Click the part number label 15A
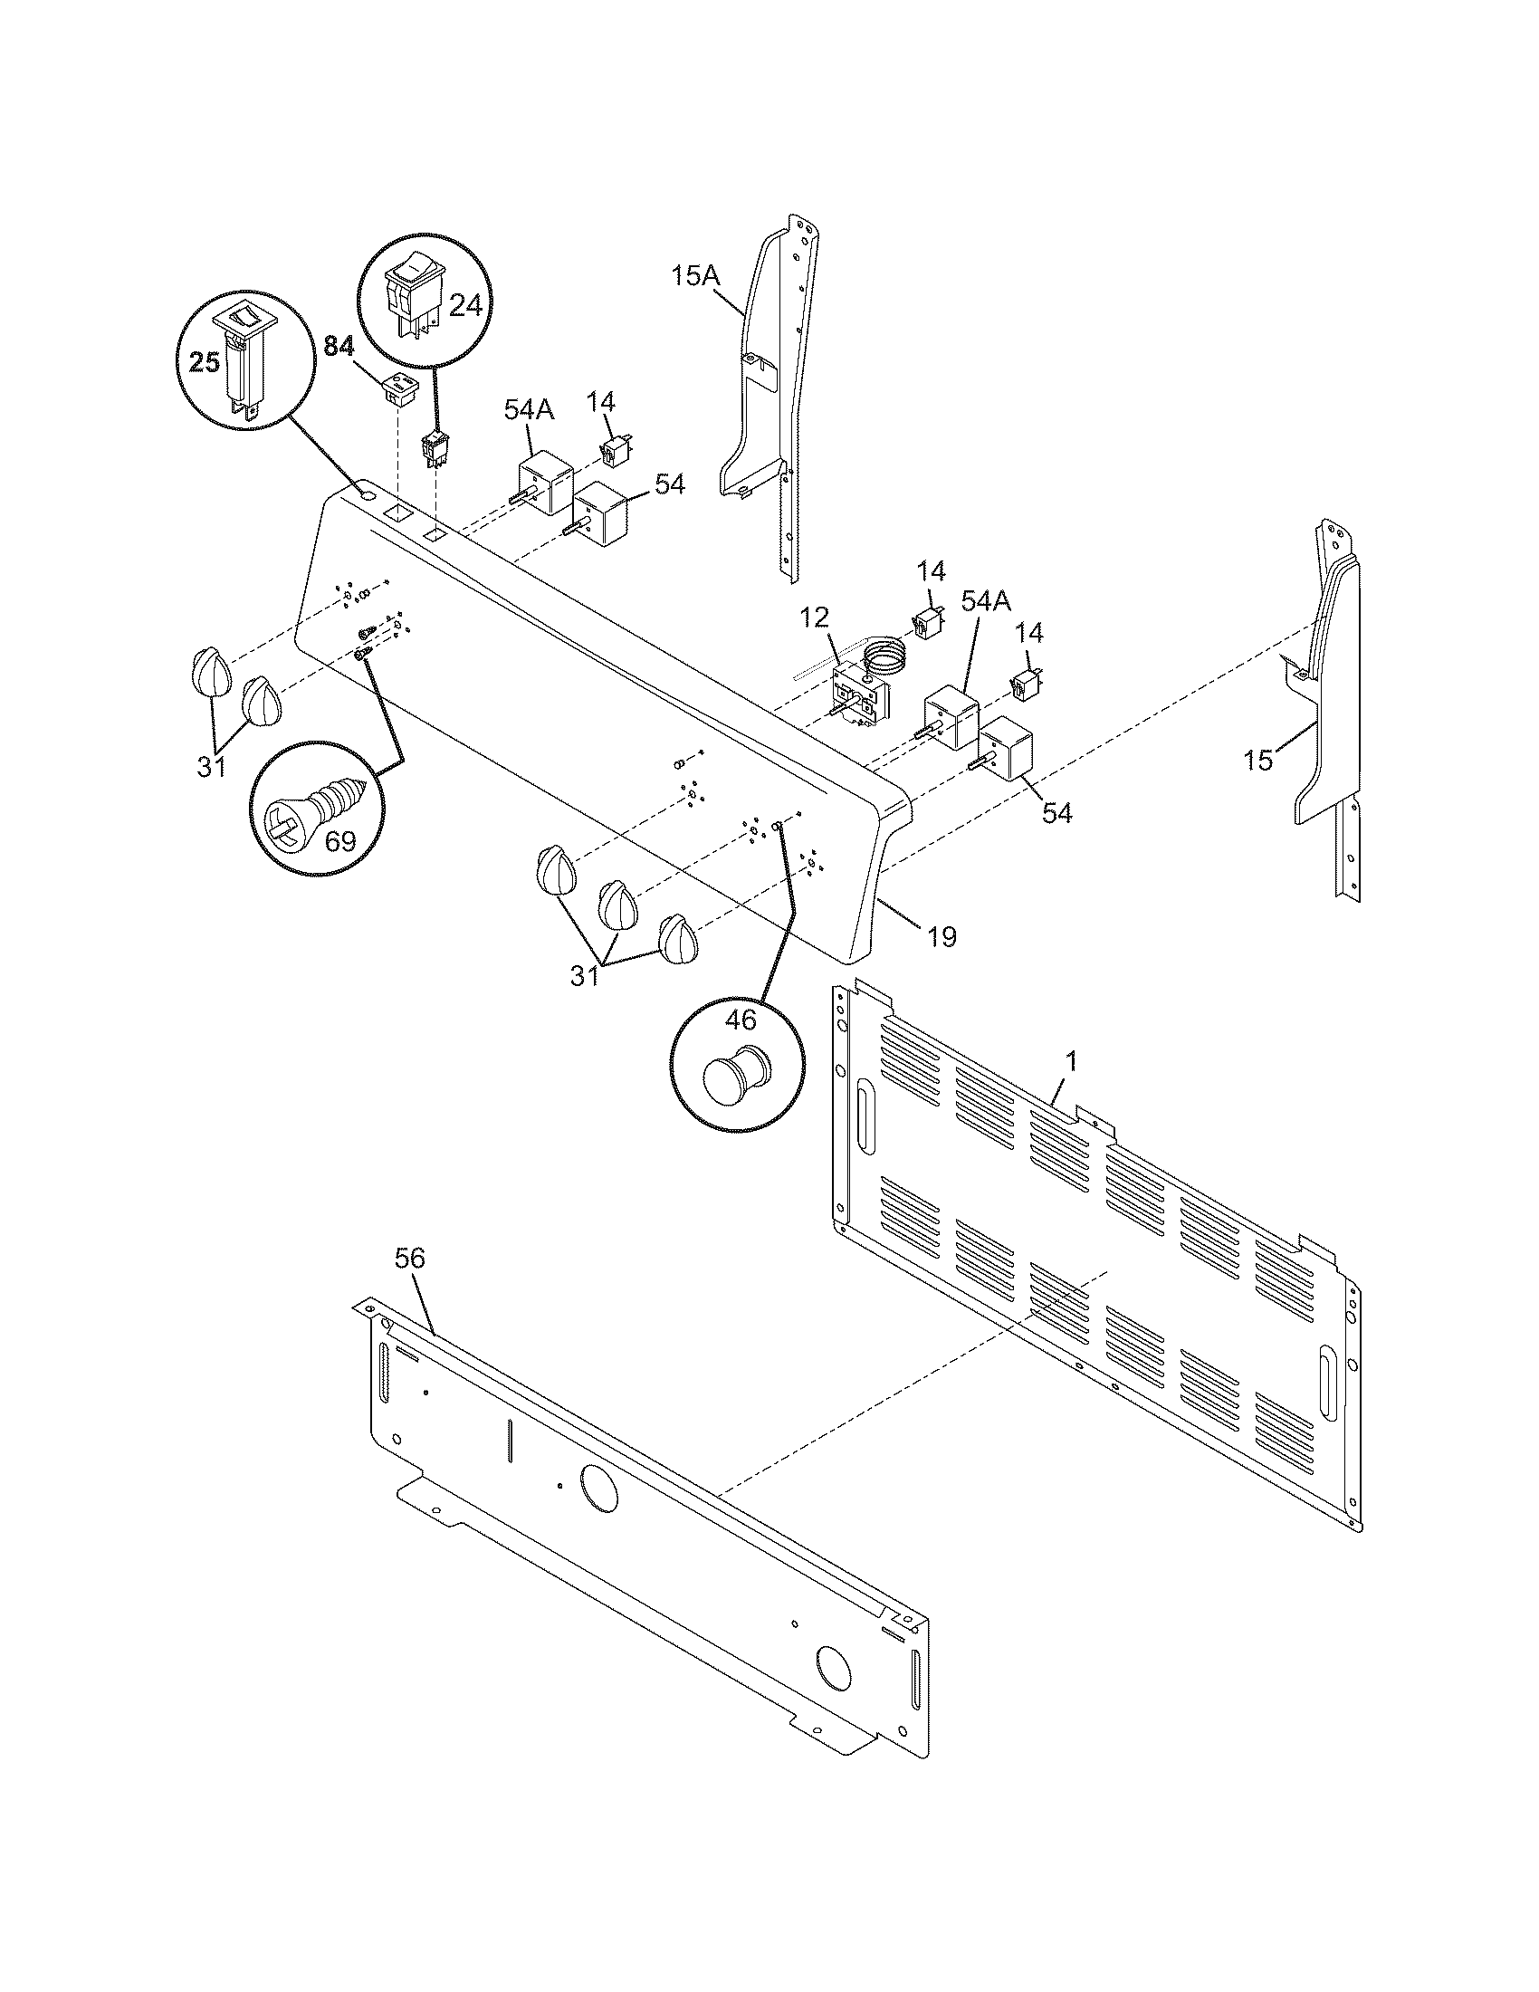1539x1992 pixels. click(695, 275)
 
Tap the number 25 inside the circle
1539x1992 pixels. click(205, 363)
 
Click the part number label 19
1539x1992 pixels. click(942, 936)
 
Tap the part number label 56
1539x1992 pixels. click(409, 1259)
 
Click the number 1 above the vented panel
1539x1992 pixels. click(1072, 1061)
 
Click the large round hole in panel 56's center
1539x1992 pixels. click(598, 1490)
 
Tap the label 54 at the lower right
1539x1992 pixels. click(1056, 813)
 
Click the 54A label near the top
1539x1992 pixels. click(529, 410)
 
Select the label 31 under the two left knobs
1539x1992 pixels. click(212, 767)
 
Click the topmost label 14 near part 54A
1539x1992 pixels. click(601, 401)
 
